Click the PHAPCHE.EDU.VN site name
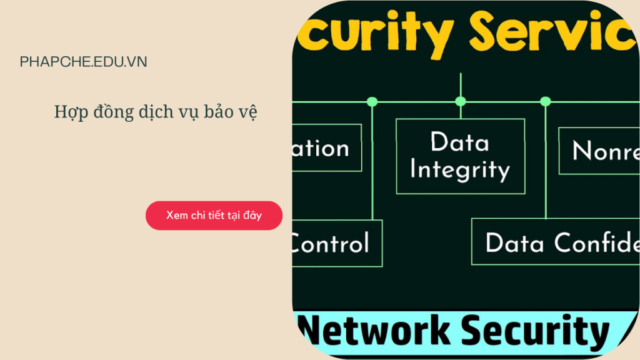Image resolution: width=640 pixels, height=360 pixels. tap(83, 62)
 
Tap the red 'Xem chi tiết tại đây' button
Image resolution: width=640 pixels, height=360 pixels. tap(214, 216)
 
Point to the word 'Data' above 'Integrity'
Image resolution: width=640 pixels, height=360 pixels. tap(459, 142)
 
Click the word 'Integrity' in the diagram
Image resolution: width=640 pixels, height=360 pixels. tap(460, 170)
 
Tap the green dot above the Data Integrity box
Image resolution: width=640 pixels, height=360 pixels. tap(461, 101)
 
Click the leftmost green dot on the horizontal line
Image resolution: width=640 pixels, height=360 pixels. tap(372, 101)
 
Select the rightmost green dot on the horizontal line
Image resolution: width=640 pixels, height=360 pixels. tap(545, 101)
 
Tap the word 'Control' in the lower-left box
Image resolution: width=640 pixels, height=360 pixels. tap(331, 243)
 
